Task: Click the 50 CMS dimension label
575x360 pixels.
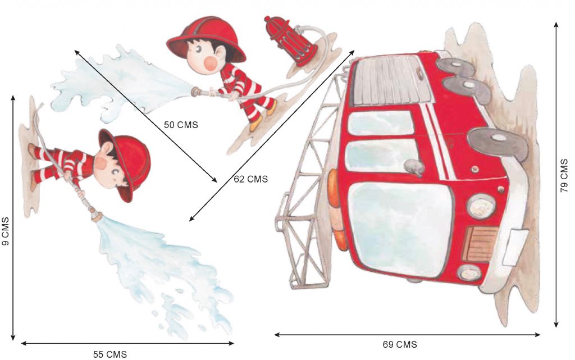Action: pos(181,125)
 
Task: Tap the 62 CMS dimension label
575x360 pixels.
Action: pos(251,179)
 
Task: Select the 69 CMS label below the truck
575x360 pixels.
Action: pos(400,345)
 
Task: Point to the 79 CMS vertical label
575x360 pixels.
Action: pos(564,175)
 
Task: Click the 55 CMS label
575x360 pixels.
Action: pos(110,354)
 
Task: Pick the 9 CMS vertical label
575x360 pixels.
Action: pos(5,231)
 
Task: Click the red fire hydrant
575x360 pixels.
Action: pos(290,40)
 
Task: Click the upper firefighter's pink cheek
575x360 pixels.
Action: pos(210,63)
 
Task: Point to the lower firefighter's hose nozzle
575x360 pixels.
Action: pos(95,215)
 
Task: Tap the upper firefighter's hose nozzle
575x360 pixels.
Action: pos(197,91)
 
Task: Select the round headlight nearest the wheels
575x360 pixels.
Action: pos(481,206)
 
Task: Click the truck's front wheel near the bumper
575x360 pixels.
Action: pos(498,144)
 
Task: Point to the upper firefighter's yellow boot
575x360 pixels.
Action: pos(257,124)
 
